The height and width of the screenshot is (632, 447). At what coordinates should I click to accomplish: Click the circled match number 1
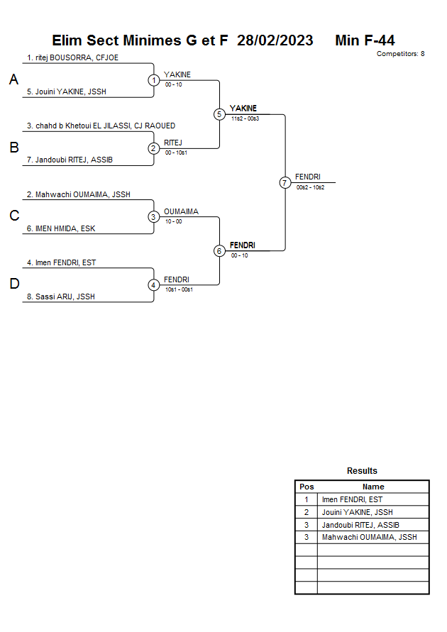tap(154, 80)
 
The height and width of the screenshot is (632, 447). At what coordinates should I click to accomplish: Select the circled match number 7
tap(285, 183)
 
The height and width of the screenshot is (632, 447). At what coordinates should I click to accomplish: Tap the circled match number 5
tap(219, 114)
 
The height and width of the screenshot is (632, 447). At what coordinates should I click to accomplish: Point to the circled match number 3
tap(154, 217)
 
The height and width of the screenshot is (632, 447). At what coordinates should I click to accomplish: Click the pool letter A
tap(13, 80)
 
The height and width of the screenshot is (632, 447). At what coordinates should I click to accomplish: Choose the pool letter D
tap(13, 284)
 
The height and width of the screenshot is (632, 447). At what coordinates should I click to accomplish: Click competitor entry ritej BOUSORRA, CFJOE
tap(72, 57)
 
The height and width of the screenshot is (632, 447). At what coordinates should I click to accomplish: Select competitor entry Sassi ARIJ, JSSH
tap(66, 297)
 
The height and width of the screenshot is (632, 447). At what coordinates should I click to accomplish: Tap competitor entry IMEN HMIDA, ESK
tap(65, 228)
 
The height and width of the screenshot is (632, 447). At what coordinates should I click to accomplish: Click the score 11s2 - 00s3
tap(245, 118)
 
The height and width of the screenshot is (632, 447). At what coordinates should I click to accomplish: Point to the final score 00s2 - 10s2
tap(310, 187)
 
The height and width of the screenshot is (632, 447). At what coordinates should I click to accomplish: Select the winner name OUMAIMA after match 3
tap(181, 211)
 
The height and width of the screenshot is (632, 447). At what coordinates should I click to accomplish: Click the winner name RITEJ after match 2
tap(173, 143)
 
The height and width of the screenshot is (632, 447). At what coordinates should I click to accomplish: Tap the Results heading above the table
tap(362, 471)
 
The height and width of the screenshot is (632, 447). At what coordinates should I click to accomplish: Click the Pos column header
tap(307, 487)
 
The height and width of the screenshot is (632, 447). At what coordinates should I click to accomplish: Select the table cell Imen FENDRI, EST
tap(352, 499)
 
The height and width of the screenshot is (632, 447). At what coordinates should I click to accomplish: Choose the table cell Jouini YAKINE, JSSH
tap(357, 512)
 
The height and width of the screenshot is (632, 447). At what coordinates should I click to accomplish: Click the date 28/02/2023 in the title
tap(275, 40)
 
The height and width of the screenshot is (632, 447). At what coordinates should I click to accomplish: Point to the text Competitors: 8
tap(400, 54)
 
